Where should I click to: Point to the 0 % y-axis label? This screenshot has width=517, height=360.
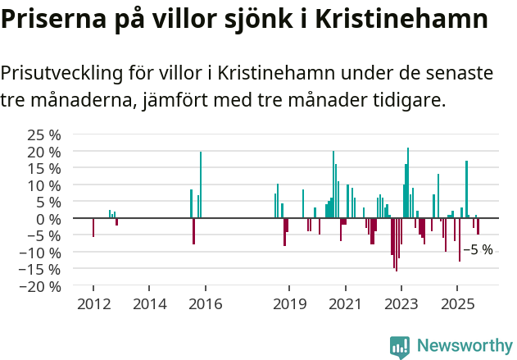pos(48,219)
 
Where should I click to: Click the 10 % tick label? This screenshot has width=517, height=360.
pos(44,185)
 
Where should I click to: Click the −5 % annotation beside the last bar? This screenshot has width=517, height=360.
pos(478,249)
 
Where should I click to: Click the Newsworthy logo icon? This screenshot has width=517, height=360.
pos(400,345)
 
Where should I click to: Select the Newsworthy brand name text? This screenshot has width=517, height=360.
pos(464,345)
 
